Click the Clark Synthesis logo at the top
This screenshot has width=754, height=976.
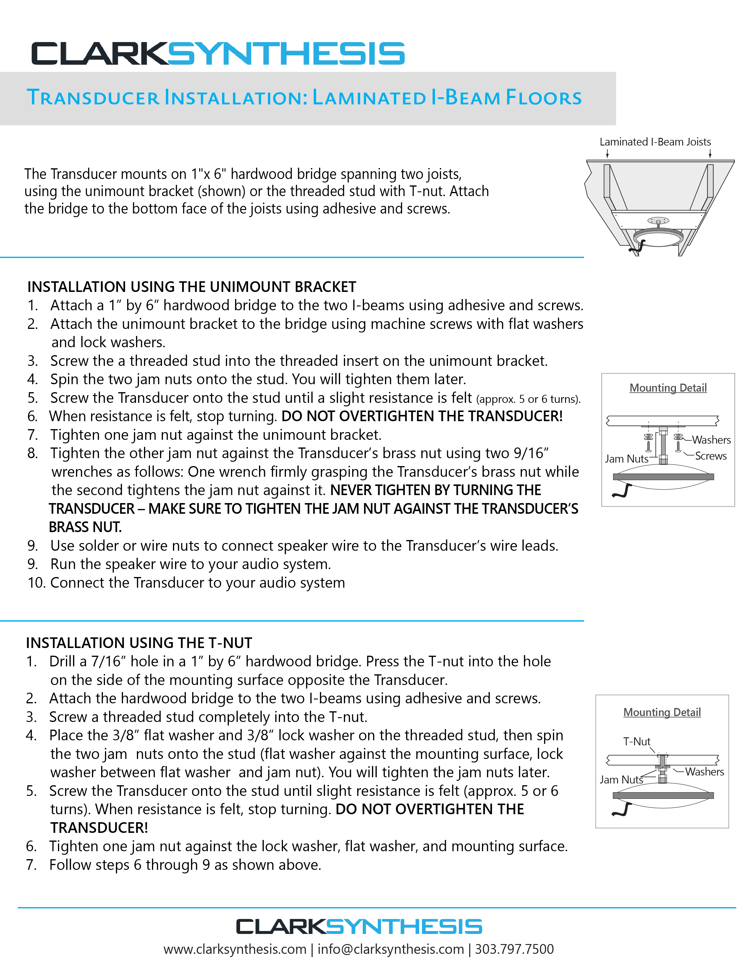pyautogui.click(x=218, y=54)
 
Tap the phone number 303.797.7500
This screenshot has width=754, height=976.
pyautogui.click(x=514, y=949)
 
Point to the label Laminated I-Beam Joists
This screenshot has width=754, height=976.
pyautogui.click(x=655, y=142)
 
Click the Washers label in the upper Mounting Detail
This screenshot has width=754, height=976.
pyautogui.click(x=711, y=440)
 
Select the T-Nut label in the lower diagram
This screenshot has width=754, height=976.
pyautogui.click(x=637, y=741)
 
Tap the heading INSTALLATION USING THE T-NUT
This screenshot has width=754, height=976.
pyautogui.click(x=139, y=643)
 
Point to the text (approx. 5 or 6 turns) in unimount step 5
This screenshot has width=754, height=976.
pyautogui.click(x=528, y=399)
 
